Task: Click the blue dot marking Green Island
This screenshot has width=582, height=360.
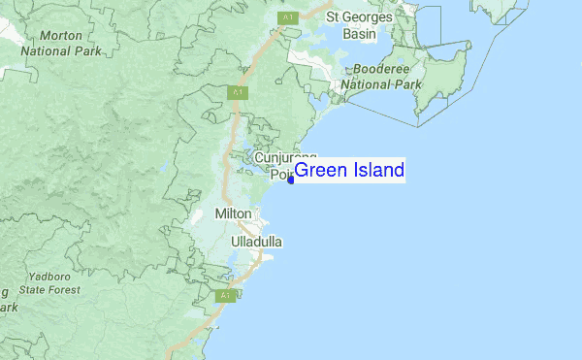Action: (291, 180)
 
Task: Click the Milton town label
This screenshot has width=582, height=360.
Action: (233, 213)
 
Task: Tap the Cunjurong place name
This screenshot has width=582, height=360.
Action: (285, 157)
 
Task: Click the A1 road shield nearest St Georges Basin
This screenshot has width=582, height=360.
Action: (288, 17)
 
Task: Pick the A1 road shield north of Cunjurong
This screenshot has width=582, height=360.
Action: (238, 92)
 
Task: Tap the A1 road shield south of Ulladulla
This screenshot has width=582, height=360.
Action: (225, 295)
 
